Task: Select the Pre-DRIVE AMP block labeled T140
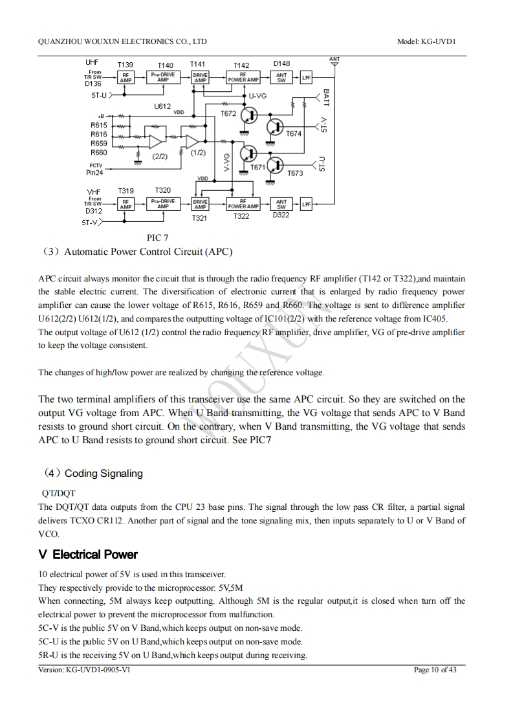coord(163,78)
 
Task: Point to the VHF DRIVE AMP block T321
coord(200,204)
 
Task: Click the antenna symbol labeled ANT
coord(334,62)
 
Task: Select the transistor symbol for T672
coord(249,116)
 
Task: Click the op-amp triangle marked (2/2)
coord(155,142)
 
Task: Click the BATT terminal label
coord(326,98)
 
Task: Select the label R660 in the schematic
coord(98,153)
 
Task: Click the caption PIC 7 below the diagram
coord(158,238)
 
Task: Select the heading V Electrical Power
coord(88,555)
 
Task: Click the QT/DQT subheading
coord(58,493)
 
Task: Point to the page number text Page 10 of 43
coord(435,670)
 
